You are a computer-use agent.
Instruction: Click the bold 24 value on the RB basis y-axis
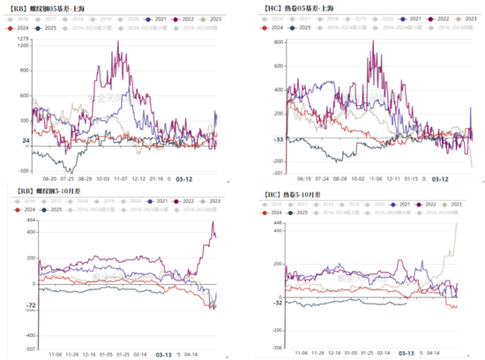[x=26, y=140]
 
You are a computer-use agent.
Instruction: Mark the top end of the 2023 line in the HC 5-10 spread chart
[x=456, y=223]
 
